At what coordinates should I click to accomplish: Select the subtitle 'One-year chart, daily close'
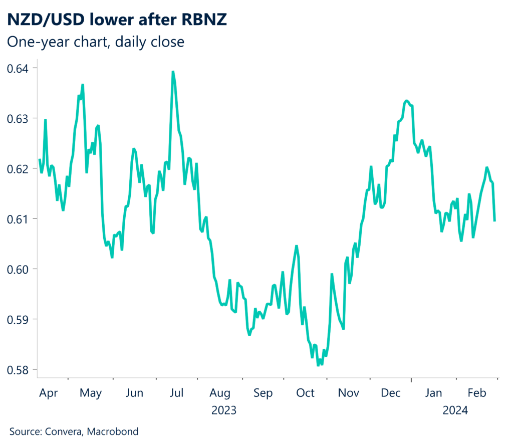coord(96,42)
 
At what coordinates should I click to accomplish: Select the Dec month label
coord(390,393)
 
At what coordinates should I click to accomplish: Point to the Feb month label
coord(476,393)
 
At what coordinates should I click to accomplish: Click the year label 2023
coord(224,410)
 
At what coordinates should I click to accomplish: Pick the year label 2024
coord(455,410)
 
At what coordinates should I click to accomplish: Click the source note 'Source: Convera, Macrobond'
coord(74,431)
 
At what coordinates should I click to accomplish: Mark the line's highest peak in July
coord(173,72)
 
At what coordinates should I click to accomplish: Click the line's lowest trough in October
coord(318,365)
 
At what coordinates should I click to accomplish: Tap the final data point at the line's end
coord(495,220)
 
